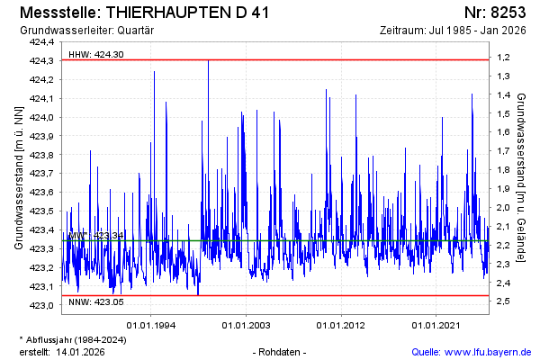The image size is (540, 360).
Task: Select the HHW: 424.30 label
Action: pyautogui.click(x=96, y=54)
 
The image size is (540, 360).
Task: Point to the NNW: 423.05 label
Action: pyautogui.click(x=96, y=303)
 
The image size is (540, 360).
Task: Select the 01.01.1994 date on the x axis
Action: pyautogui.click(x=151, y=325)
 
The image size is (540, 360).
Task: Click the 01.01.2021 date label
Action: pyautogui.click(x=436, y=325)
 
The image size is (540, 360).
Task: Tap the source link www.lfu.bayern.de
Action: pyautogui.click(x=486, y=351)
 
